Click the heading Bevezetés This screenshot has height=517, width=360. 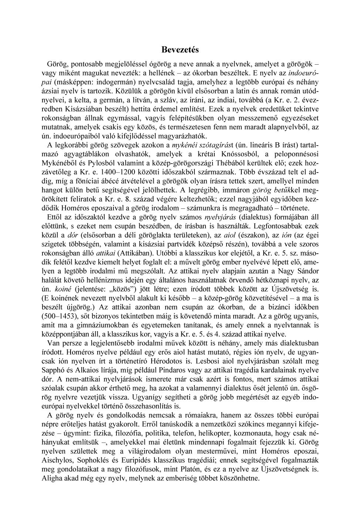click(180, 50)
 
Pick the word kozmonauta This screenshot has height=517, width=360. click(256, 433)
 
